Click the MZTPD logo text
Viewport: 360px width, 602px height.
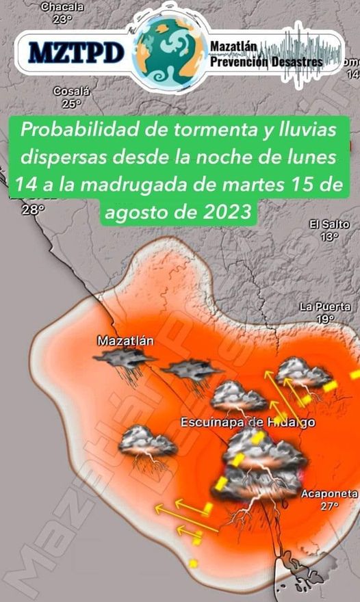pyautogui.click(x=77, y=51)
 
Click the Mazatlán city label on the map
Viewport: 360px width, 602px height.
pyautogui.click(x=125, y=340)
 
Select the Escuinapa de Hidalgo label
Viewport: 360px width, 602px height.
pyautogui.click(x=248, y=423)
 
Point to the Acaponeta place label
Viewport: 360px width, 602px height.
pyautogui.click(x=329, y=494)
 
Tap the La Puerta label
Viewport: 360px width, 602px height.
pyautogui.click(x=325, y=307)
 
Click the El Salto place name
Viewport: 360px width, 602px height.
pyautogui.click(x=329, y=224)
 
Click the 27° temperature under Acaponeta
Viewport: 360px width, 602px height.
pyautogui.click(x=329, y=506)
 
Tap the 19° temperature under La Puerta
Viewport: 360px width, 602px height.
pyautogui.click(x=325, y=319)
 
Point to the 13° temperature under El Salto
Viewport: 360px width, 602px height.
pyautogui.click(x=329, y=237)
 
